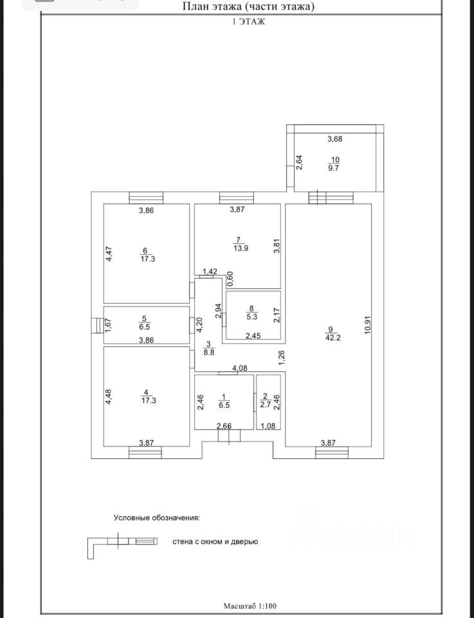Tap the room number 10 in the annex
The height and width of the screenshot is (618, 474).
335,160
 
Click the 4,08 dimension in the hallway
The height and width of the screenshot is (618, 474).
239,368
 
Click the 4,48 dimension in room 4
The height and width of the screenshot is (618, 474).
109,395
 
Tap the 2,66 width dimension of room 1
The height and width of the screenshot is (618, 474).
224,426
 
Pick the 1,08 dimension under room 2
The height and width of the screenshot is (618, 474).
266,426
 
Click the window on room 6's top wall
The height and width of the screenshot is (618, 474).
145,198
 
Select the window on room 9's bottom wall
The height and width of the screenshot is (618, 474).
332,454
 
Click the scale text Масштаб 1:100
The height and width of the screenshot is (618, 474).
250,606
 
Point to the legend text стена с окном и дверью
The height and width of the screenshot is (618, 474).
215,542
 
